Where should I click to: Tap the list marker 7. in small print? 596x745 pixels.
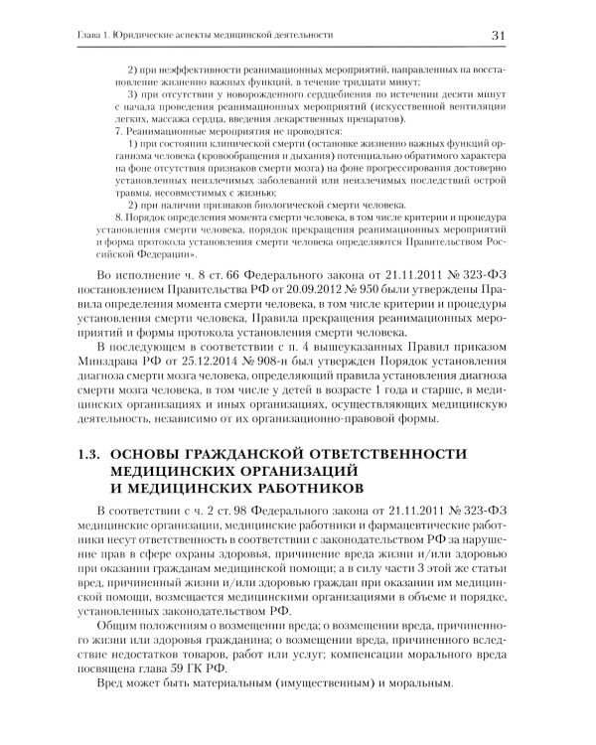tap(120, 132)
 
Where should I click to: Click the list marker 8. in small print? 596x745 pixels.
tap(120, 216)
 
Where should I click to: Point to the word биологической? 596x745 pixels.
tap(254, 202)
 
